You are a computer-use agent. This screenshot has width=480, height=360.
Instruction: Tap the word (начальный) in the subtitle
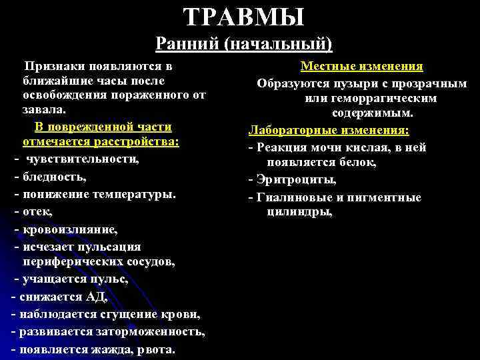click(279, 43)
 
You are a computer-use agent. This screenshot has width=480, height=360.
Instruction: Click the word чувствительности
click(83, 160)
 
